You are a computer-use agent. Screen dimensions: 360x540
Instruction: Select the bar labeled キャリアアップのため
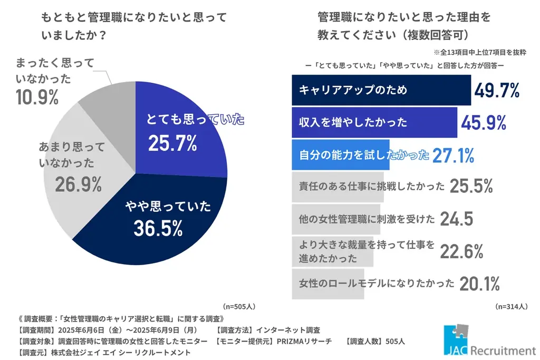click(x=381, y=90)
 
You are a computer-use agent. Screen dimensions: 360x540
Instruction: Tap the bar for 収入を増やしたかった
click(x=374, y=122)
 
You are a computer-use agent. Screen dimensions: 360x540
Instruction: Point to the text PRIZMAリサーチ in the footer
click(x=304, y=341)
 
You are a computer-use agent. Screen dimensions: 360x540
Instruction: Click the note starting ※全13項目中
click(x=479, y=53)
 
